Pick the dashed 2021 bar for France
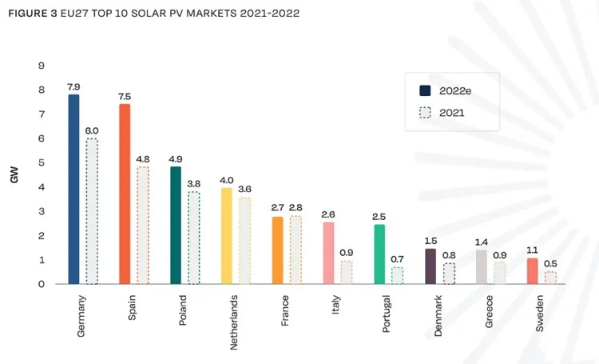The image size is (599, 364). click(x=296, y=250)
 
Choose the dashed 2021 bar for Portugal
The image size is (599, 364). click(x=398, y=275)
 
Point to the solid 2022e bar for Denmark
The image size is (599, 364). click(x=430, y=266)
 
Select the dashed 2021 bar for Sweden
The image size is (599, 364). click(x=550, y=278)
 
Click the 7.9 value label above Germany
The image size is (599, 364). click(x=74, y=85)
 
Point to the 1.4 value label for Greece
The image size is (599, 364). click(x=482, y=241)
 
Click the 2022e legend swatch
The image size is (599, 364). click(x=425, y=90)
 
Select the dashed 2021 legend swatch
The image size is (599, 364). click(x=425, y=113)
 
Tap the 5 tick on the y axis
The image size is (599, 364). click(x=41, y=163)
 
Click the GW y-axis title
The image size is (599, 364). click(x=14, y=175)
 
